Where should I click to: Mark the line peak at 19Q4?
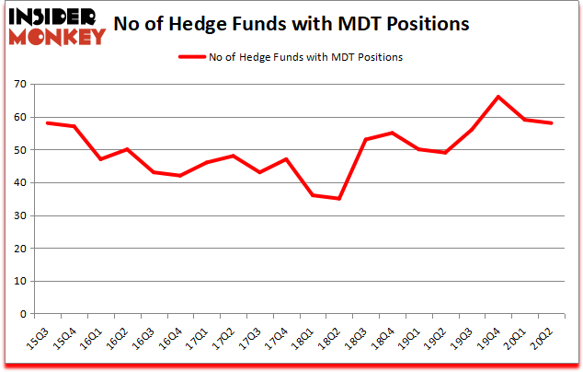point(497,97)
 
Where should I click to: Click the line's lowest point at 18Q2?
point(339,198)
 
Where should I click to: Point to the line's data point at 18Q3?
point(366,140)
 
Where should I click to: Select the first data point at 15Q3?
point(46,122)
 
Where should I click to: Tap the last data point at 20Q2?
point(552,122)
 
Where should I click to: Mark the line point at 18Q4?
point(392,133)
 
